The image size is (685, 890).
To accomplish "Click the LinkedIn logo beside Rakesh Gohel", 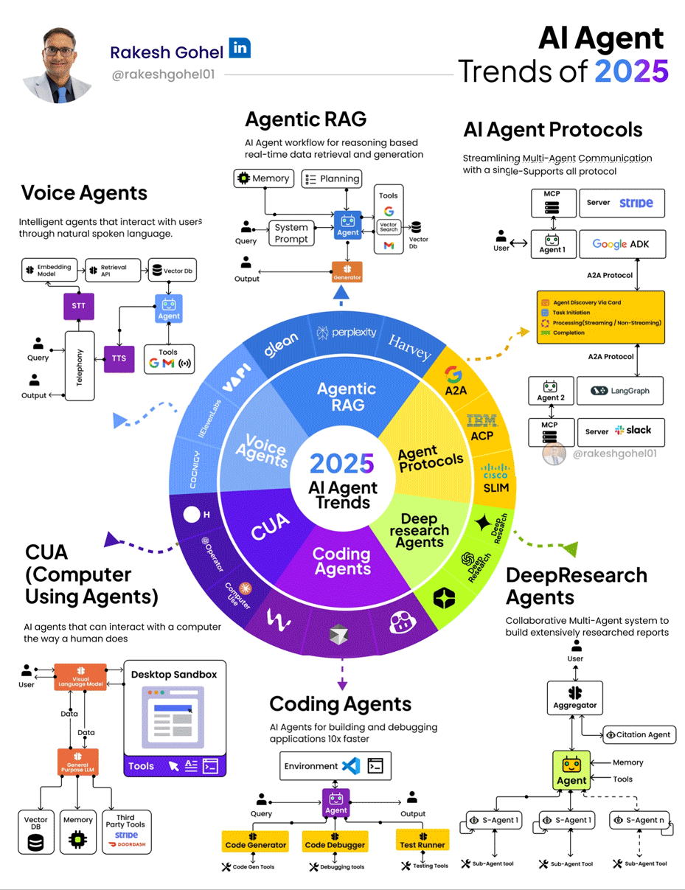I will [x=240, y=48].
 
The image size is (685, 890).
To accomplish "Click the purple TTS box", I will [x=119, y=358].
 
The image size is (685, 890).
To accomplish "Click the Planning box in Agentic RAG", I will [x=332, y=178].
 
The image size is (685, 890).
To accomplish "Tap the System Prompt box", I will [x=291, y=233].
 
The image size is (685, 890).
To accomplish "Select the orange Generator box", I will [x=347, y=272].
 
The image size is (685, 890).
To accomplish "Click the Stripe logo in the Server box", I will [x=636, y=203].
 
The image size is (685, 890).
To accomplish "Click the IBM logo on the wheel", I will [x=483, y=422].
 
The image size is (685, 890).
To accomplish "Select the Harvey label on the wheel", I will [x=409, y=347].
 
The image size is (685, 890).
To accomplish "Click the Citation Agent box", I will [x=639, y=734].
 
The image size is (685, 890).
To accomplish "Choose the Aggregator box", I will [x=574, y=698].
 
